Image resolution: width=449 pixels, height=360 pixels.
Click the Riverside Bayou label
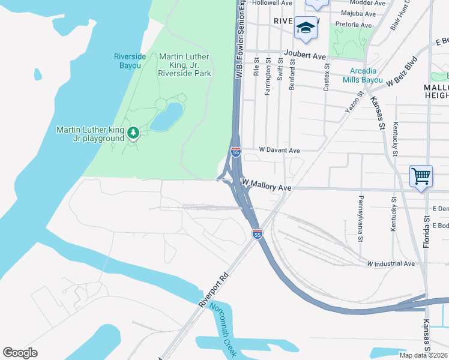(130, 61)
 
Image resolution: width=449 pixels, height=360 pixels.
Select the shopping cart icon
(421, 176)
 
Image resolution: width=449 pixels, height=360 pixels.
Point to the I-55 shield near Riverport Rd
(257, 234)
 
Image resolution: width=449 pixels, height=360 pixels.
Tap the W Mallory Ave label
(266, 184)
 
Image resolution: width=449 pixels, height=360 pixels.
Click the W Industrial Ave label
(391, 263)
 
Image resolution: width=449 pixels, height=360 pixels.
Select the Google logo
(20, 353)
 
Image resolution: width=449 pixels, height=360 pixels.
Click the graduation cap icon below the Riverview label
(306, 28)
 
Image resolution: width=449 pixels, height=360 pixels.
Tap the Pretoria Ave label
(354, 25)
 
